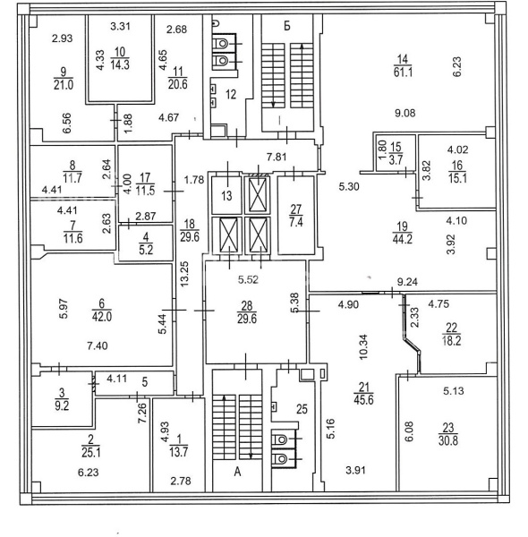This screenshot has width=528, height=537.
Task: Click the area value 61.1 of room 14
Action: click(403, 72)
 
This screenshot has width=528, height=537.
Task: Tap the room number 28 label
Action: click(247, 305)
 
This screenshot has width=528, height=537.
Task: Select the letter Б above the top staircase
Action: click(287, 26)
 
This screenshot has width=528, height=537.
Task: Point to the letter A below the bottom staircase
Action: click(238, 472)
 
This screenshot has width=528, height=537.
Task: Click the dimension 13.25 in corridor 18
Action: click(184, 274)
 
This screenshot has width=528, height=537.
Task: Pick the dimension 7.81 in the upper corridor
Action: click(277, 158)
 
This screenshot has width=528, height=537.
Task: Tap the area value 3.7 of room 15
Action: click(396, 159)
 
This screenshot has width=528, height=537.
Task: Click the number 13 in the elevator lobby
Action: click(226, 196)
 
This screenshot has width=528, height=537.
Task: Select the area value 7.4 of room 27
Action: click(296, 222)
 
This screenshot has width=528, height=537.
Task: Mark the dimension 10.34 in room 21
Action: click(363, 346)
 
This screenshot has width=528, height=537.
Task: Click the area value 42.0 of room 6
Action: click(102, 317)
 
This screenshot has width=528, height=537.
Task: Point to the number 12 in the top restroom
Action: click(231, 94)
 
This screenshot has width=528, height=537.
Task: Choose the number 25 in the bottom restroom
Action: click(302, 409)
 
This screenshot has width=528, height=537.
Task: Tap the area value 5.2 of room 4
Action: click(146, 251)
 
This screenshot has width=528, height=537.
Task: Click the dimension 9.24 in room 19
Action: click(407, 282)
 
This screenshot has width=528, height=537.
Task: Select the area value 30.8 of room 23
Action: click(448, 440)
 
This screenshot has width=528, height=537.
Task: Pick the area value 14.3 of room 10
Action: click(120, 64)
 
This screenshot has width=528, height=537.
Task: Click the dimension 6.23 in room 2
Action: click(89, 473)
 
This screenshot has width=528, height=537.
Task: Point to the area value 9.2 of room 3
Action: click(62, 405)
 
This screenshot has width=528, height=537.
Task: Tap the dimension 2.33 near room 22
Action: click(414, 318)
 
